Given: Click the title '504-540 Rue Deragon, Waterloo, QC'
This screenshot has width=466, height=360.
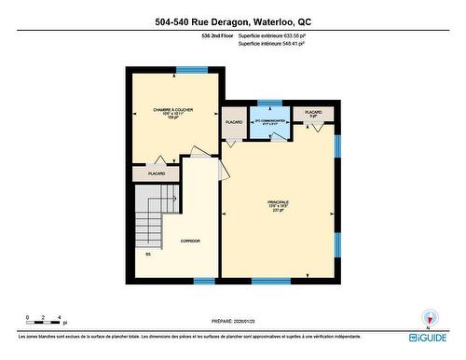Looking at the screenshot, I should coord(233,22).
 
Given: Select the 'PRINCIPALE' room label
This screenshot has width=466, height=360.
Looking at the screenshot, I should coord(277,205).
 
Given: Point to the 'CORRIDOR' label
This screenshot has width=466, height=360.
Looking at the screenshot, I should coord(190,241).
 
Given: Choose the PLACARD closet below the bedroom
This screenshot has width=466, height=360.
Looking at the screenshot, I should coord(157,173).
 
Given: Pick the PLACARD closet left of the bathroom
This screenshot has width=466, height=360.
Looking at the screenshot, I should coord(234,124).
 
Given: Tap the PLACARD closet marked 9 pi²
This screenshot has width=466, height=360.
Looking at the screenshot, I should coord(313,115).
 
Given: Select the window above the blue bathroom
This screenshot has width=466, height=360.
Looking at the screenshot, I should coord(269,102).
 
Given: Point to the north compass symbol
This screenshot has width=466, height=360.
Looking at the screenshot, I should coord(430,317).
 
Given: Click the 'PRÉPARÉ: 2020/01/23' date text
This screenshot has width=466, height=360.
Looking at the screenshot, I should coord(232,319).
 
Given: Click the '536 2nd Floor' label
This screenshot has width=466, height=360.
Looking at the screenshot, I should coord(216,35).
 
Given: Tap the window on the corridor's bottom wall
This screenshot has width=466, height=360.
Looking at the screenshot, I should coord(204,281).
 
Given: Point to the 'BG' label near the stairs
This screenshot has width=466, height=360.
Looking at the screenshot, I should coord(147,254).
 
